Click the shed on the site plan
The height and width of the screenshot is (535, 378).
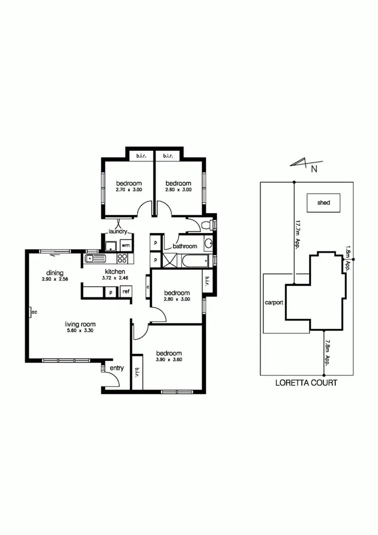[x=324, y=203]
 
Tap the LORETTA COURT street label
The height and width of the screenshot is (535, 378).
[x=306, y=383]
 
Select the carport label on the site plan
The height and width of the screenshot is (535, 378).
[x=274, y=303]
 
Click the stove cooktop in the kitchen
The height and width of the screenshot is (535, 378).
[x=122, y=259]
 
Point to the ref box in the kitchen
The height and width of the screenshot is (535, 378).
[x=125, y=291]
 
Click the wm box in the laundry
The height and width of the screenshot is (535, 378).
[x=124, y=246]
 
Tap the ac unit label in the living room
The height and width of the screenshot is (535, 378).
[x=34, y=312]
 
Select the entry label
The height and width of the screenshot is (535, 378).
[x=117, y=369]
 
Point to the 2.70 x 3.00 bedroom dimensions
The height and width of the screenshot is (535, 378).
[x=128, y=190]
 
